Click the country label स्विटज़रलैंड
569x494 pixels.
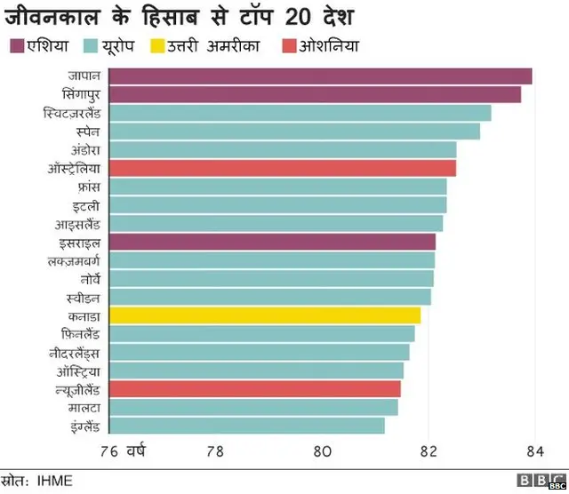[71, 114]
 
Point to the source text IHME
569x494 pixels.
[55, 481]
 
